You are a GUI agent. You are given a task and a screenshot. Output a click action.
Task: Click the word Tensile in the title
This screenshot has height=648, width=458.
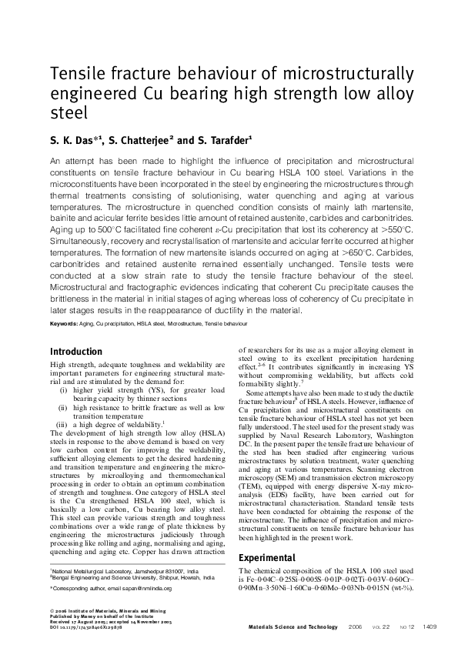point(78,75)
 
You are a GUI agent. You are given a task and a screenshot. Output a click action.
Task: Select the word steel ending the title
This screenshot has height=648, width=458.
point(68,113)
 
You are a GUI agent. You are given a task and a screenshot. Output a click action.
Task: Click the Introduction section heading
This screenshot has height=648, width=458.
point(76,352)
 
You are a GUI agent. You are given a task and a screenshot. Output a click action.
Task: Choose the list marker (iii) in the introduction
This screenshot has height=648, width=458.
point(62,424)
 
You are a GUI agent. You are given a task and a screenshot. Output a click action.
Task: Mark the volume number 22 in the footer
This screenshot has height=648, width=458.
point(385,627)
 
